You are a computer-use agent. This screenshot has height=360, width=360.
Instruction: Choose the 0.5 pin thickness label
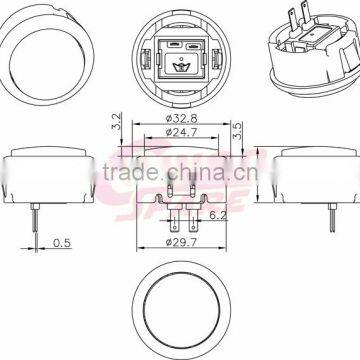coord(60,242)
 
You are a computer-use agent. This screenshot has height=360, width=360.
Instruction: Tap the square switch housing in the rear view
coord(181,60)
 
